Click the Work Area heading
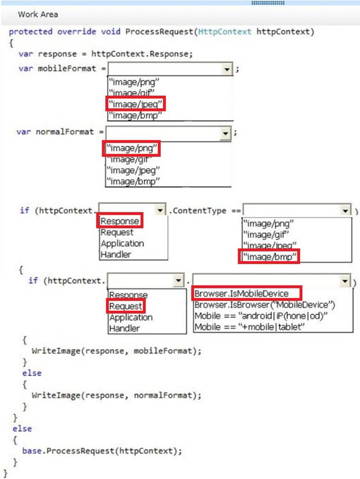pos(38,14)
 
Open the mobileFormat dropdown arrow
pos(226,69)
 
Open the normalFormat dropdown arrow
pos(225,133)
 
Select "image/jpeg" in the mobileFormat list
pos(136,104)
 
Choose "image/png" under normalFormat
pos(132,149)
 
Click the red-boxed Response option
pos(119,221)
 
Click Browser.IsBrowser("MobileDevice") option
pos(265,305)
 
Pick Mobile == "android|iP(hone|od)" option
pos(260,316)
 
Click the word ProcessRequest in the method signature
pos(158,32)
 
